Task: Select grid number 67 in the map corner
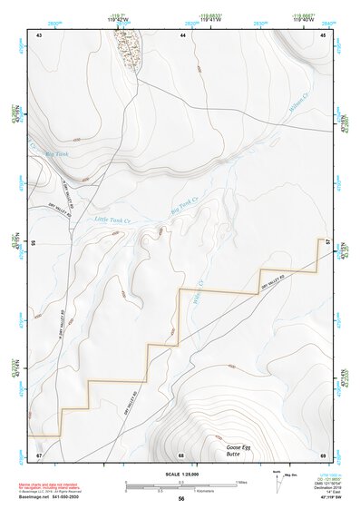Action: point(40,454)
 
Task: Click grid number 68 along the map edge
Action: point(181,454)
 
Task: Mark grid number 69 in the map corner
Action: point(323,454)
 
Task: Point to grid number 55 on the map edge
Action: point(34,245)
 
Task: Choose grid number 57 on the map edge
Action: point(328,244)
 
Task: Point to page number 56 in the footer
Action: point(181,498)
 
